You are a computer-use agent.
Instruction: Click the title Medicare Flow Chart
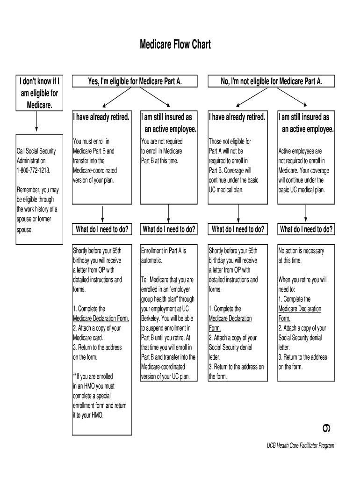(175, 44)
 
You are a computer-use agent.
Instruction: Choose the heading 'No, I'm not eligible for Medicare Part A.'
(271, 81)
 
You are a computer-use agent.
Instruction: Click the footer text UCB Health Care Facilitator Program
(297, 446)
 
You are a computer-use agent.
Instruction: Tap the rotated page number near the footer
(326, 428)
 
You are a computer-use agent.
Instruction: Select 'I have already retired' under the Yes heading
(101, 117)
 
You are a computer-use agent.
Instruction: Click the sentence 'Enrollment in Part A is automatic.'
(163, 255)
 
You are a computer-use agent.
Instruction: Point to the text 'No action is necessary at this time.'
(301, 255)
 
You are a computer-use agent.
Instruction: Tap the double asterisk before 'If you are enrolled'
(75, 376)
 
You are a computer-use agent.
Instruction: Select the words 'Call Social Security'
(36, 151)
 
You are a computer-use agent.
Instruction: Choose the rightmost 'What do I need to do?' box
(306, 229)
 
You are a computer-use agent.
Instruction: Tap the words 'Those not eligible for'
(230, 141)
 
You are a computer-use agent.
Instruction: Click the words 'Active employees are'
(300, 151)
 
